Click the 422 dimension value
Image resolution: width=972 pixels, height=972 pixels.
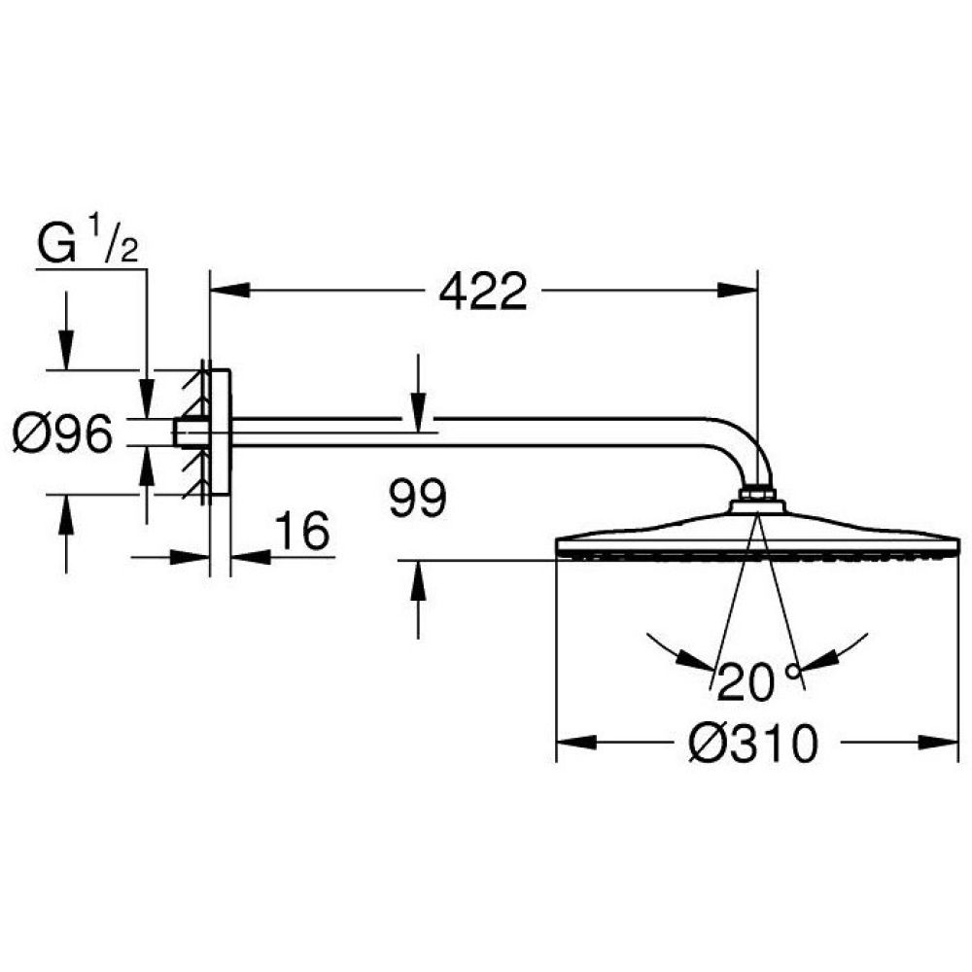point(482,290)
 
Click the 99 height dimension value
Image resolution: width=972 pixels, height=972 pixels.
point(417,500)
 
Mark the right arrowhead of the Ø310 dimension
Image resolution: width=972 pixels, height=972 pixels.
point(941,744)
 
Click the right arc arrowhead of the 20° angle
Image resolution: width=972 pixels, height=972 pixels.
point(816,660)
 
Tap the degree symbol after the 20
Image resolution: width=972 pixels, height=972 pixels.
point(794,671)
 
